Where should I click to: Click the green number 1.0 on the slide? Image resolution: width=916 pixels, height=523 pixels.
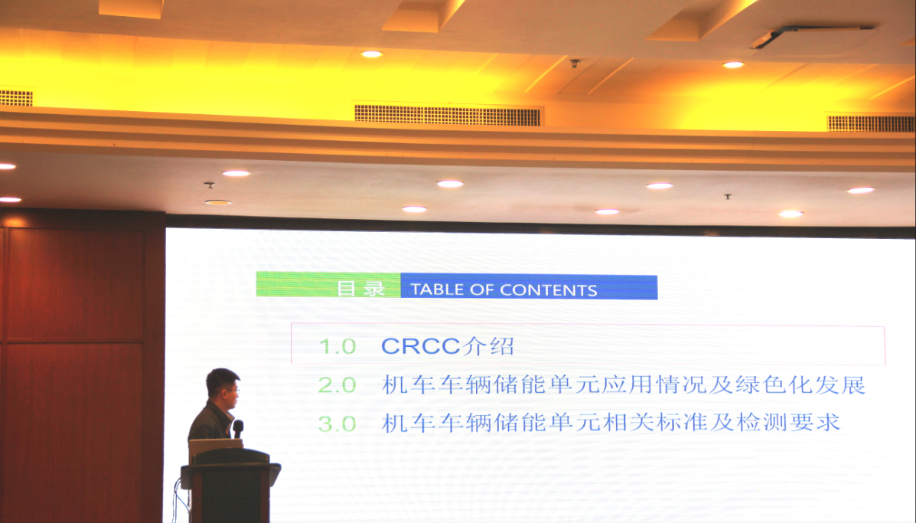point(337,347)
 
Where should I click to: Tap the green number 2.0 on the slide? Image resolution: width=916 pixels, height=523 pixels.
point(337,386)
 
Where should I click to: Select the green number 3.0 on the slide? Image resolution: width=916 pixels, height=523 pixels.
point(337,424)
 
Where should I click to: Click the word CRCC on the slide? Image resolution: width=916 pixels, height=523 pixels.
point(421,346)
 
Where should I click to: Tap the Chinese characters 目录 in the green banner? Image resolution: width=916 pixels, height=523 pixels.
point(361,288)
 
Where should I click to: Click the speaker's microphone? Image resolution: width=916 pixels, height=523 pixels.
point(238,429)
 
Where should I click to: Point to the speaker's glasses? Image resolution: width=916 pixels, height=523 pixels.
point(231,391)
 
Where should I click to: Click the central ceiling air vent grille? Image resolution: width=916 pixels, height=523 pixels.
point(448,115)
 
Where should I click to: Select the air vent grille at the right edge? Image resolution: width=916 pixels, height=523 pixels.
point(871,123)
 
